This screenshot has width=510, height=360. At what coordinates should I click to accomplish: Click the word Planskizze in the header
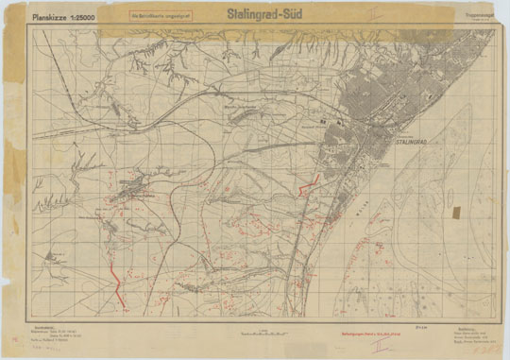click(x=52, y=17)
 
